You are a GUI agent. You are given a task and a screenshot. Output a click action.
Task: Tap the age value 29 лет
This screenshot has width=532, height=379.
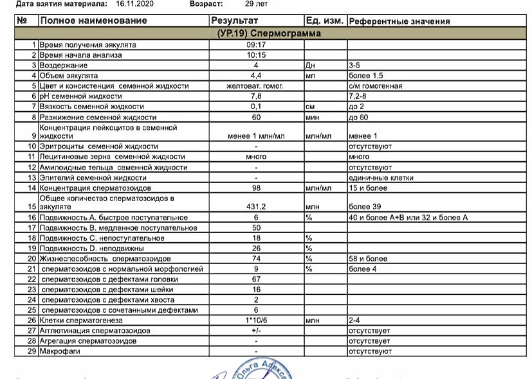257,3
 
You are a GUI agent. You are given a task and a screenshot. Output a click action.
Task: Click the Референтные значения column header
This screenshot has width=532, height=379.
399,21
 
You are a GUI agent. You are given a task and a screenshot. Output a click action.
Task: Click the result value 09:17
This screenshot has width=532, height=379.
256,45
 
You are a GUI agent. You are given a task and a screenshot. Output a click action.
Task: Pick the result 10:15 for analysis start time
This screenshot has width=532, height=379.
256,55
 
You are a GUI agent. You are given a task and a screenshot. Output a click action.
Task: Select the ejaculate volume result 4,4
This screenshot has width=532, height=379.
256,76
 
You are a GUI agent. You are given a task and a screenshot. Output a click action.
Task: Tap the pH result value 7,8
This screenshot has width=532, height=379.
256,96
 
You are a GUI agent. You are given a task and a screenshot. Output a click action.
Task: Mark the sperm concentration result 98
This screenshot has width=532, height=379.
256,188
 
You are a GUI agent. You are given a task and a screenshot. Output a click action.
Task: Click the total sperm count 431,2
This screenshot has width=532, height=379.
256,206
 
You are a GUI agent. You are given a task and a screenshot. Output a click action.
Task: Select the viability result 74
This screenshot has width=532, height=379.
256,258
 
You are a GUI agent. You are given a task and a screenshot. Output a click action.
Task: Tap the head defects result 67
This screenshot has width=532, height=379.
256,279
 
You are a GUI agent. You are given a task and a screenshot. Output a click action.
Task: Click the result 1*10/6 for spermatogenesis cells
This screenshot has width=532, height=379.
256,320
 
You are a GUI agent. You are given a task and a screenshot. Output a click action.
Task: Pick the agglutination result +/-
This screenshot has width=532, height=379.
256,330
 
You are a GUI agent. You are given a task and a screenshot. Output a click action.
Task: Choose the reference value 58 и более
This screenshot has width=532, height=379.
368,258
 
